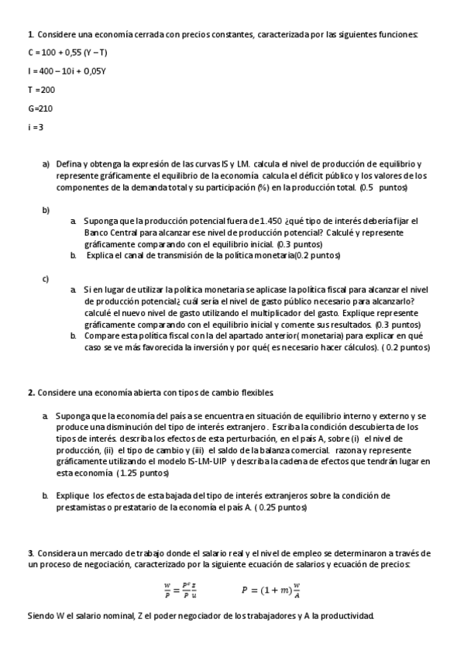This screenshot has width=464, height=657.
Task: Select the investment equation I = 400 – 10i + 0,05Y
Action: click(66, 71)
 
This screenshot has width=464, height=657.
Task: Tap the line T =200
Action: click(41, 89)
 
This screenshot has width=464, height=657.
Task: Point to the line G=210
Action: click(40, 108)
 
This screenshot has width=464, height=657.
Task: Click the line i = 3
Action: click(36, 127)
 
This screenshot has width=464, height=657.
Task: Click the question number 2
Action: click(30, 393)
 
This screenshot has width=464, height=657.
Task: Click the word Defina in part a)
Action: click(68, 164)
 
